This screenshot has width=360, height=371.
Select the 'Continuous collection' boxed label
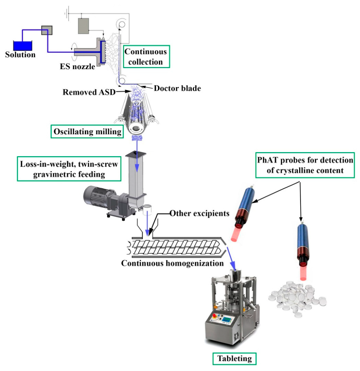(x=146, y=57)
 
